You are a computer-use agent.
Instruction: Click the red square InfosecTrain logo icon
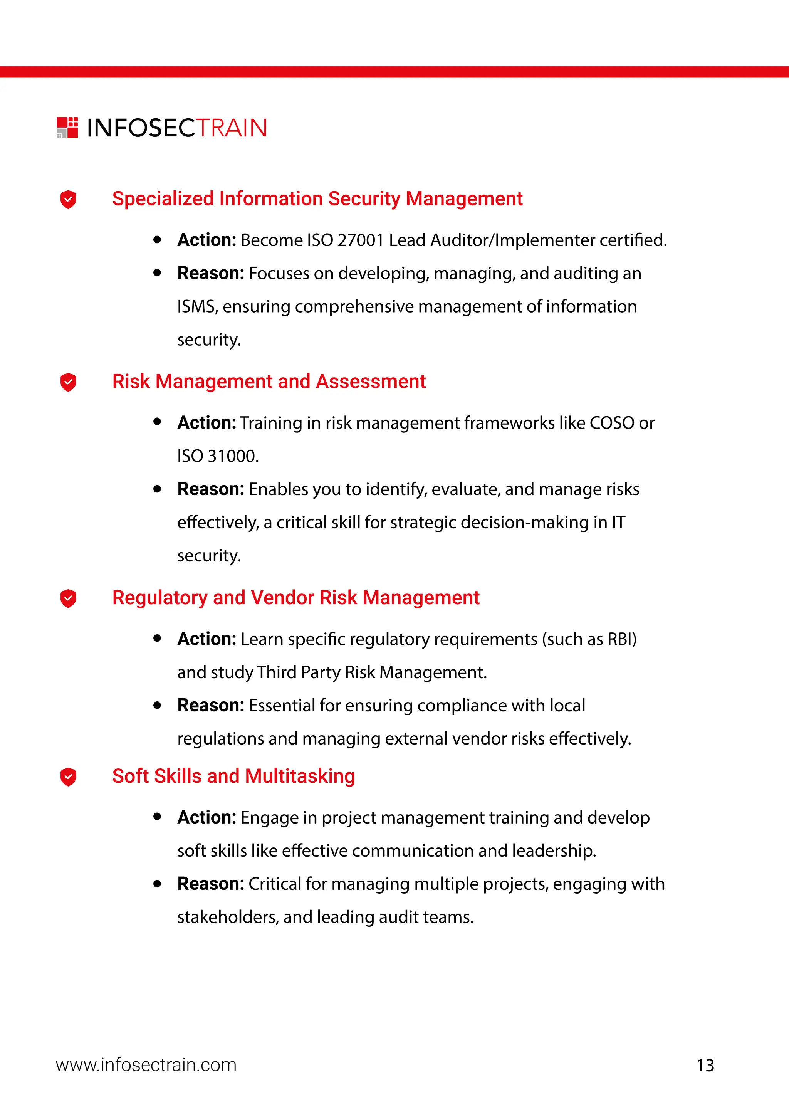pos(67,127)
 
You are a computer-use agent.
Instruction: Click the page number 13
pos(705,1066)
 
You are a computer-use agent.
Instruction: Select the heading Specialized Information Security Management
pos(317,199)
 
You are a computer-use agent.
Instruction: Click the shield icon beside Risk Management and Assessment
pos(68,382)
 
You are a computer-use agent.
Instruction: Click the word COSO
pos(612,423)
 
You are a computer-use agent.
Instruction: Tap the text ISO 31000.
pos(218,456)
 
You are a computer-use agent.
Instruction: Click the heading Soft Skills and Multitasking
pos(234,776)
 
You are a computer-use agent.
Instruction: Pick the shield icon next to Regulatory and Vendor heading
pos(68,598)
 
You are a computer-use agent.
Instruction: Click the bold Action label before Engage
pos(206,818)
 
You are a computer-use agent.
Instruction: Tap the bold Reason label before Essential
pos(210,705)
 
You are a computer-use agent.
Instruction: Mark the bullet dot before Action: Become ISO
pos(157,240)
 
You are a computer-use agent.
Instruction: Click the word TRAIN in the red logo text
pos(232,128)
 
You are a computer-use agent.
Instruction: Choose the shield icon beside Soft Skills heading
pos(68,777)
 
